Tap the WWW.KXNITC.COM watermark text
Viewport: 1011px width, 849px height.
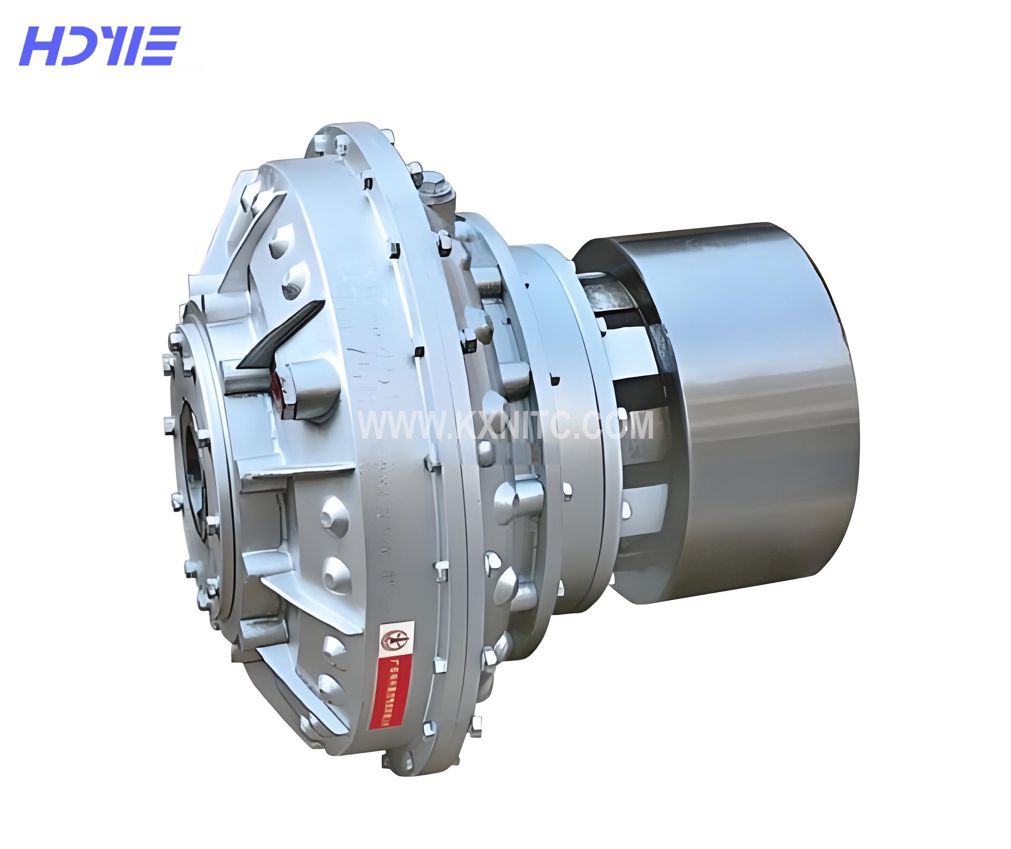tap(506, 426)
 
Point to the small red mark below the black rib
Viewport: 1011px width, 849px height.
tap(276, 385)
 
